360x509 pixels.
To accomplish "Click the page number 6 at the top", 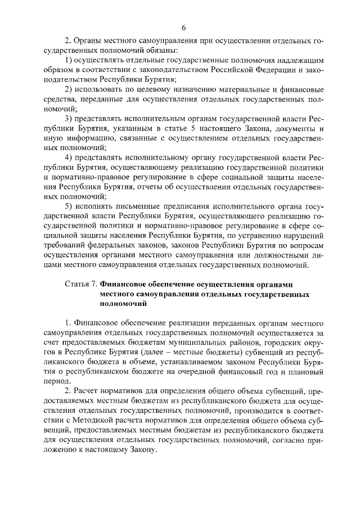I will (183, 28).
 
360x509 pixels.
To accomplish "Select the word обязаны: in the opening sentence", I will (132, 51).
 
